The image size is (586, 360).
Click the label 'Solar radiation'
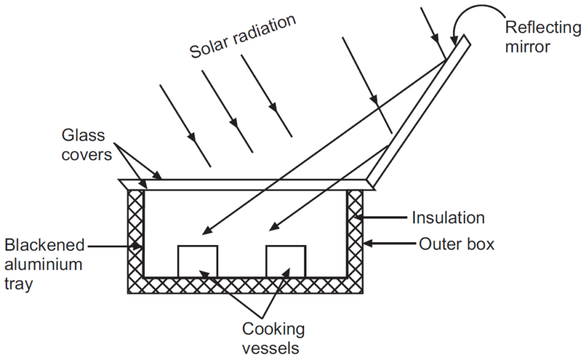243,36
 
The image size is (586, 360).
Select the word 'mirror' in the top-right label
528,46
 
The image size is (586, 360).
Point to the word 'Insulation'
448,217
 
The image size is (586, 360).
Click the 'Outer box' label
456,244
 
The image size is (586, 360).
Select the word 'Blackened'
45,246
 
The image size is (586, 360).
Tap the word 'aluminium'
44,264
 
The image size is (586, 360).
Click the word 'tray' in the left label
19,283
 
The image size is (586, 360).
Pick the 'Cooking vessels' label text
273,338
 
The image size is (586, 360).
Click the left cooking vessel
197,261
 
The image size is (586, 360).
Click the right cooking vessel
286,261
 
